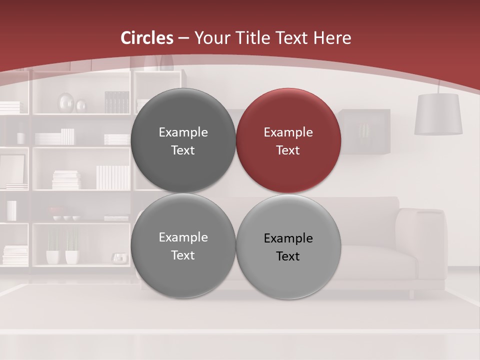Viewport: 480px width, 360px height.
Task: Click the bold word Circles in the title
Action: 147,38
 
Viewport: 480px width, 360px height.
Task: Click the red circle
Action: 288,140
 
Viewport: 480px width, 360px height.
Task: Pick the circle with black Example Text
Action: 288,246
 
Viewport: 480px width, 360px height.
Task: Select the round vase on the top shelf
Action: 66,103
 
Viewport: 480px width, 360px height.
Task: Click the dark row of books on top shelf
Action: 117,102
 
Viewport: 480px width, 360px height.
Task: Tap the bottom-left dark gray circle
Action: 183,246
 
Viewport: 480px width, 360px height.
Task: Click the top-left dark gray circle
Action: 183,140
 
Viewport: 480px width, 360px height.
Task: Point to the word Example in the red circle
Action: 288,132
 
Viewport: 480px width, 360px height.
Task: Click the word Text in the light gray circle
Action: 288,256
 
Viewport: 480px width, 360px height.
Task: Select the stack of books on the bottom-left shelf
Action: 15,254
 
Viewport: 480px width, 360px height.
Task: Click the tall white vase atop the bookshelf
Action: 151,62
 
